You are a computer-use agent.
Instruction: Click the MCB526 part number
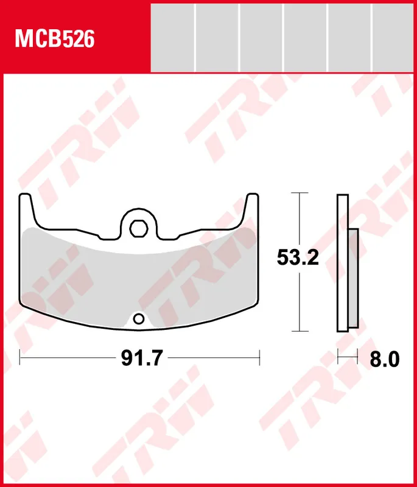tap(55, 39)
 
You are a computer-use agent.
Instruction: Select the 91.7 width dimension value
tap(142, 358)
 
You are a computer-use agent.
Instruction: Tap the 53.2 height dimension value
tap(298, 257)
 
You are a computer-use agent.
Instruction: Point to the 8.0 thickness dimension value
tap(384, 359)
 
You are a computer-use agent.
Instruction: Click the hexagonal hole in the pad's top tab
tap(139, 229)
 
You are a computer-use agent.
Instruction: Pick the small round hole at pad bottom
tap(139, 319)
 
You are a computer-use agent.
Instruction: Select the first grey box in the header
tap(173, 38)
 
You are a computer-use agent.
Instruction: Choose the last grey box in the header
tap(393, 38)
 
